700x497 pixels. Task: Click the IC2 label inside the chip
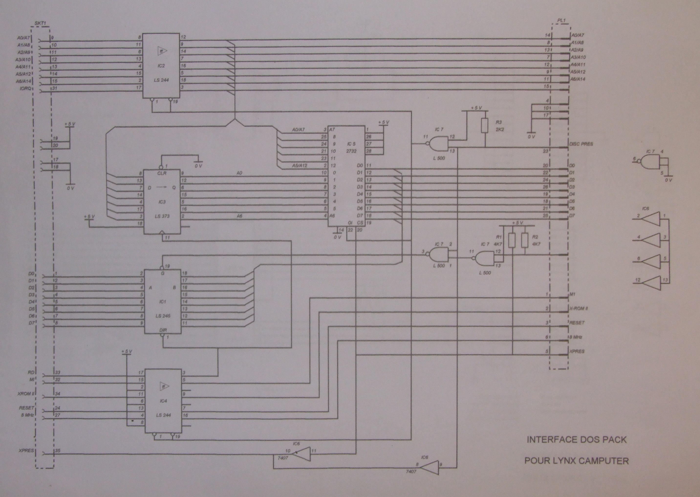pos(161,66)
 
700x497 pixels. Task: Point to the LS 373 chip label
pos(162,216)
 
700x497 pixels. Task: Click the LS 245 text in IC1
pos(162,316)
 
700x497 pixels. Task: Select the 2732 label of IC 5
pos(351,151)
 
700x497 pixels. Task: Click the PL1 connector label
pos(561,21)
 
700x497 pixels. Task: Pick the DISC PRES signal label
pos(581,144)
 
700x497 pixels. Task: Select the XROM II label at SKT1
pos(26,394)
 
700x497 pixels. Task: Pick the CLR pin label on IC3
pos(162,174)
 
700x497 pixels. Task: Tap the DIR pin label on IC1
pos(163,330)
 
